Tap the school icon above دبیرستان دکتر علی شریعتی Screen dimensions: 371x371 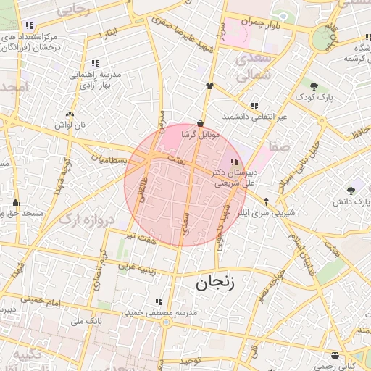[233, 162]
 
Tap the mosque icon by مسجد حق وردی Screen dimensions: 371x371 [14, 204]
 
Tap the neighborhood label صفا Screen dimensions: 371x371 [280, 146]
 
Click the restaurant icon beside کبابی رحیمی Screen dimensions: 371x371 [334, 355]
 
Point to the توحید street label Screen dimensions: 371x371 [189, 359]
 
